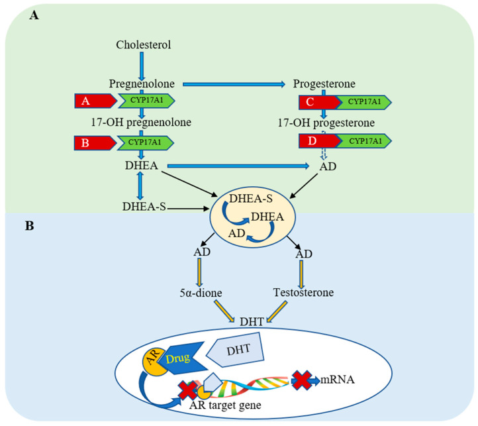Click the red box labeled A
pyautogui.click(x=95, y=101)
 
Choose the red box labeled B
pyautogui.click(x=95, y=142)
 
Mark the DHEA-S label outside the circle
pyautogui.click(x=142, y=208)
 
